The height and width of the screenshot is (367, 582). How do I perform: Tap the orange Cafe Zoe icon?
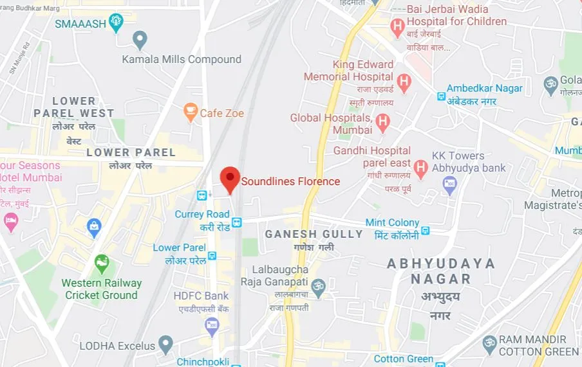pos(191,112)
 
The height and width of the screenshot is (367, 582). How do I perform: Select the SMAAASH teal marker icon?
pos(116,22)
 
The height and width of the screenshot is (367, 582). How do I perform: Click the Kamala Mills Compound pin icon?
pos(140,40)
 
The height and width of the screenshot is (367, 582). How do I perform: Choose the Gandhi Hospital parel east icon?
pos(420,168)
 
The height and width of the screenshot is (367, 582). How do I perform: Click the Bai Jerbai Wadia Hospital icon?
pos(398,27)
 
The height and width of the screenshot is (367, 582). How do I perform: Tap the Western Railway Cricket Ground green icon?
pos(102,264)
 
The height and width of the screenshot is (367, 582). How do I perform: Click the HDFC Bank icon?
pos(212,326)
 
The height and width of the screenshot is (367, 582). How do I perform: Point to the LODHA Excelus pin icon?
pos(166,344)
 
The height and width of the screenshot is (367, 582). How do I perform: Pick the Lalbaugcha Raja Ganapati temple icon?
pos(317,285)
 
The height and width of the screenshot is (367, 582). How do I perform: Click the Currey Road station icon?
pos(237,222)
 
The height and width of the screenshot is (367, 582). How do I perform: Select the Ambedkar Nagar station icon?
pos(442,96)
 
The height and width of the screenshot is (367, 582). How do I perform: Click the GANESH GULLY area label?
pos(314,234)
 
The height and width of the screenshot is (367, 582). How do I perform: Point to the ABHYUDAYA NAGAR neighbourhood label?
pos(441,271)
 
